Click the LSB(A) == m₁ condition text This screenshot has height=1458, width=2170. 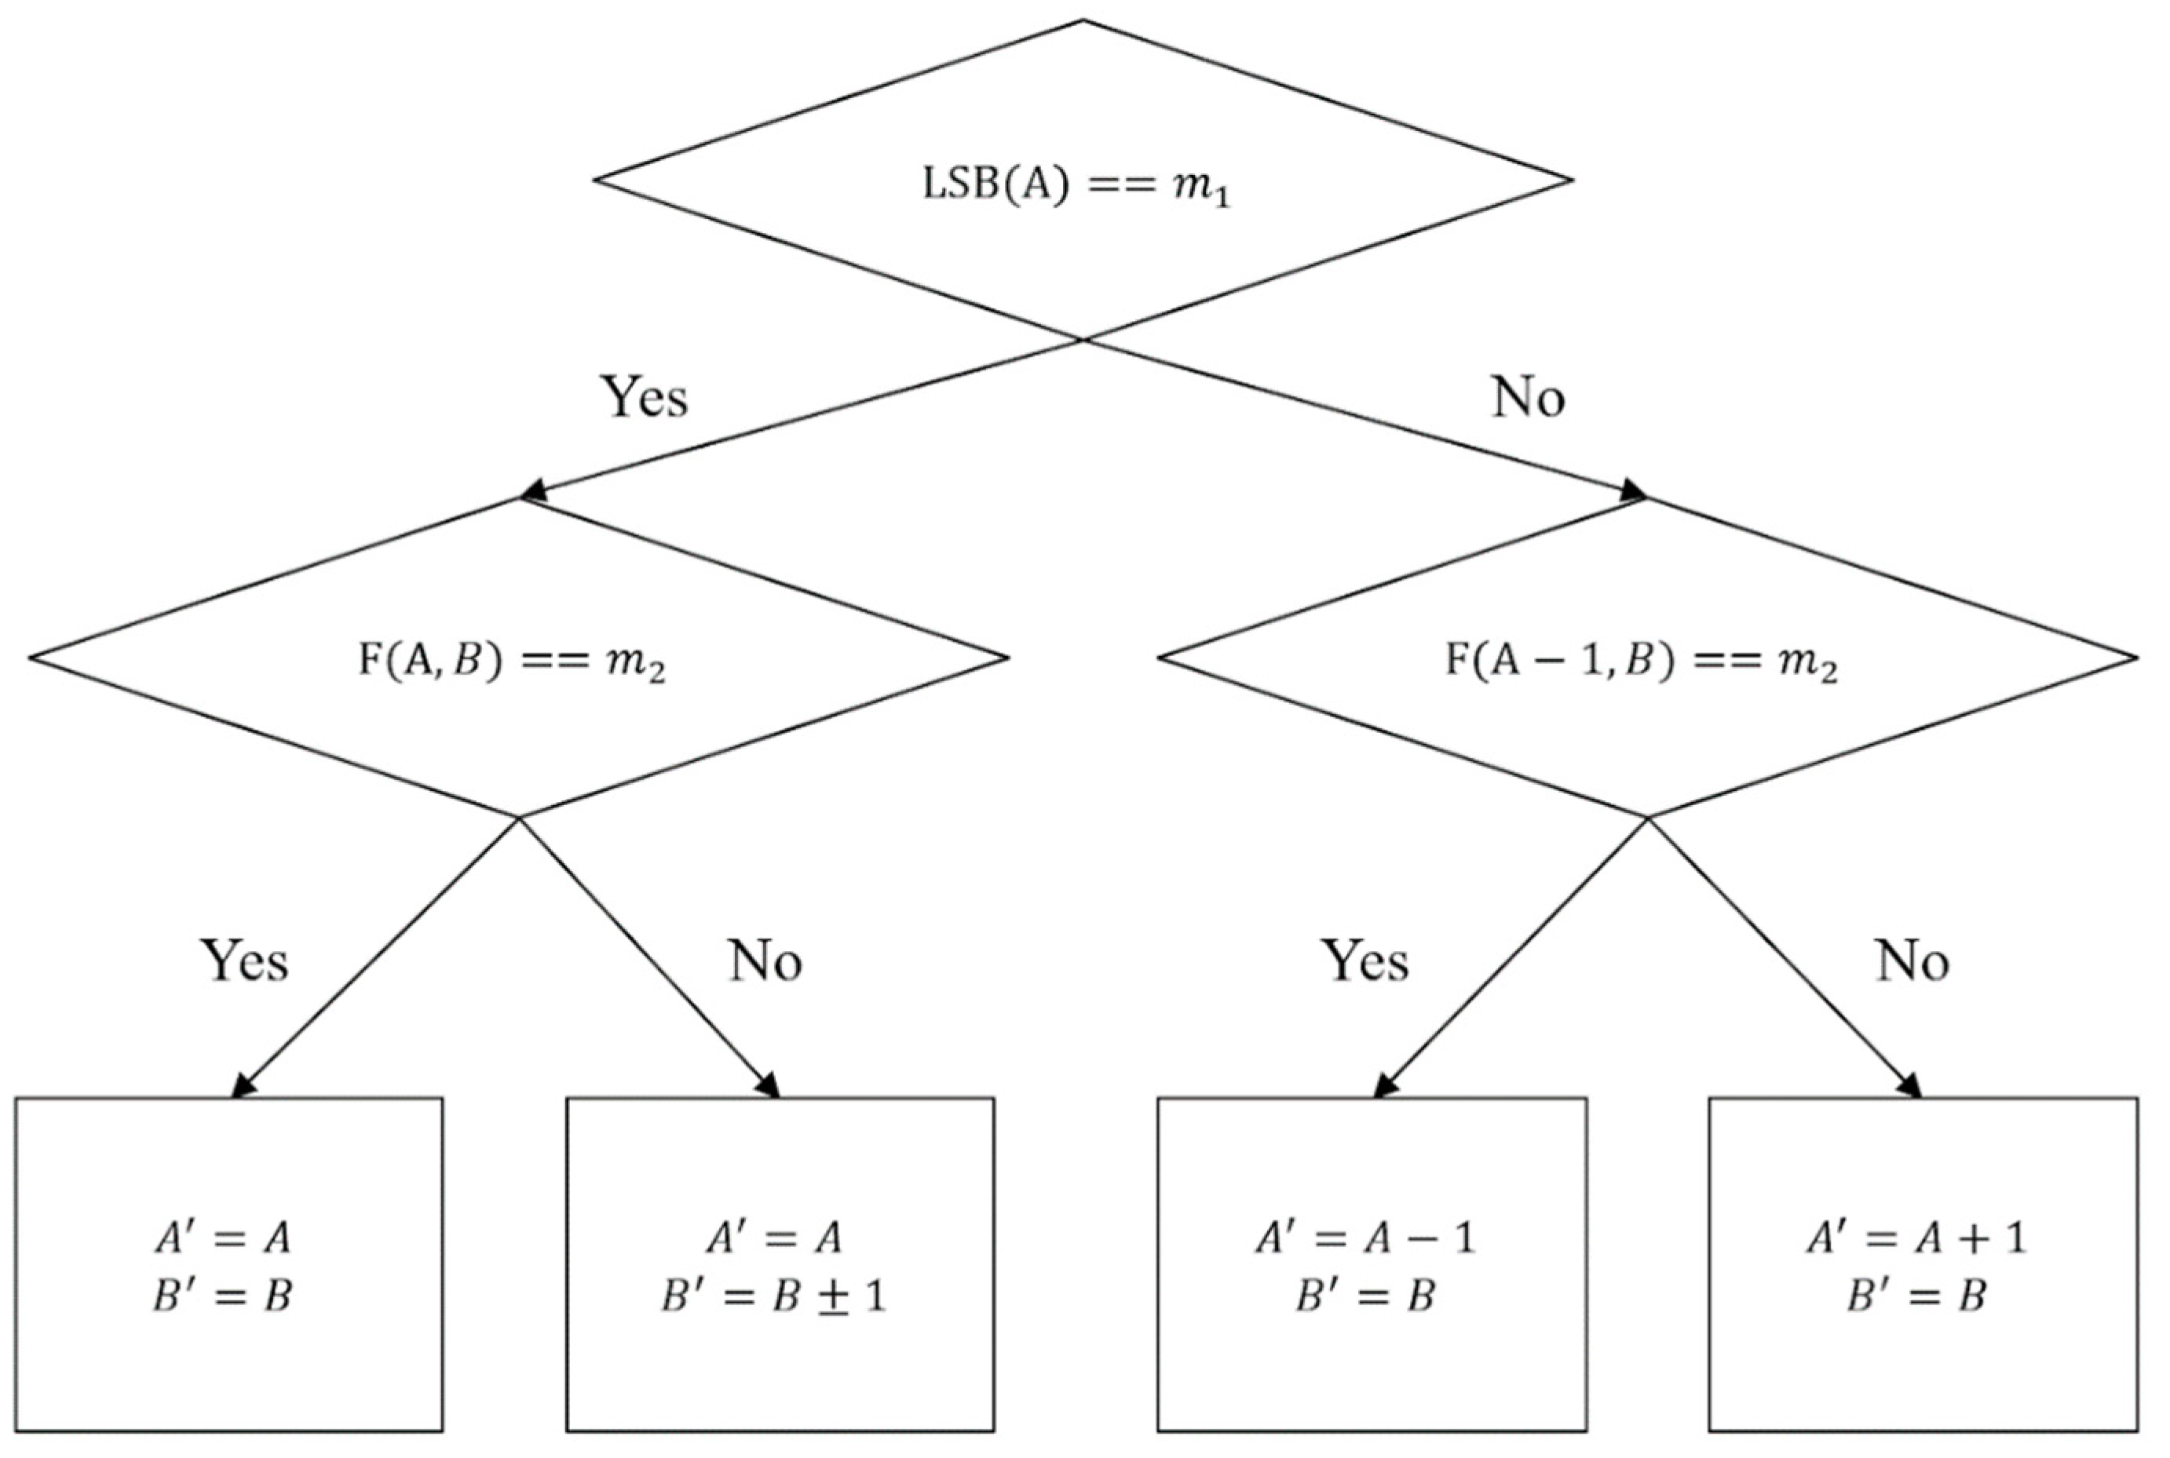pyautogui.click(x=1076, y=186)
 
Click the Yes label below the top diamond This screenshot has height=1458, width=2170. pyautogui.click(x=645, y=397)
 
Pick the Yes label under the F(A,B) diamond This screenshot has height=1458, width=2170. pyautogui.click(x=245, y=960)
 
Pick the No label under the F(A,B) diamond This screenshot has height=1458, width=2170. pyautogui.click(x=765, y=960)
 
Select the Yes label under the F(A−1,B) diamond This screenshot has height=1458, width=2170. pyautogui.click(x=1365, y=960)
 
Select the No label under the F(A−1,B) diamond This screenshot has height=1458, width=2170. pyautogui.click(x=1912, y=960)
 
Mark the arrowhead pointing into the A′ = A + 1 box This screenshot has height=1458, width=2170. pyautogui.click(x=1910, y=1086)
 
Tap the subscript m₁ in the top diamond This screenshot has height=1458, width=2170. pyautogui.click(x=1207, y=191)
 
